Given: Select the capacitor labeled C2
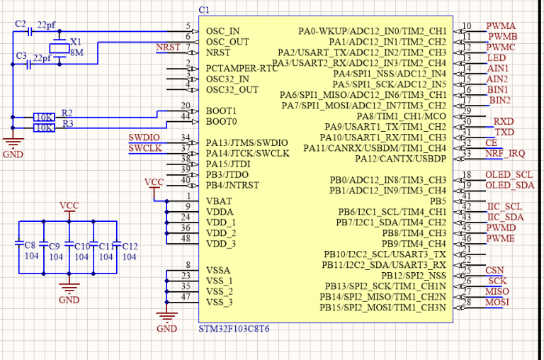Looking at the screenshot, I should pos(30,32).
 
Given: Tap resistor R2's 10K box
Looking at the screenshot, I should pos(44,116).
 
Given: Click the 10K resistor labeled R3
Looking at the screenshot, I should pos(44,128).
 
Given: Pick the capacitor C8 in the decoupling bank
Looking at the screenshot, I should pos(20,245).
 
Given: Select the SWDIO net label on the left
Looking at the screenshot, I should pos(144,137).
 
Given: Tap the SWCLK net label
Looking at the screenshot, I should pos(144,148).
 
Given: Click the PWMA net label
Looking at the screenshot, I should pos(501,26).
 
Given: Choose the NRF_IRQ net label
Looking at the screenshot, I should pos(505,153).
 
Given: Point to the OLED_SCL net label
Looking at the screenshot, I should pos(509,174).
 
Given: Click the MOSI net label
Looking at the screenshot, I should pos(497,303).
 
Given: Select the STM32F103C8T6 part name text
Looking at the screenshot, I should pos(234,330).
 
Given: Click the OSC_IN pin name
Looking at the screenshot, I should pos(222,31).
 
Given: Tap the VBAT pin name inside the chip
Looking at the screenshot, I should pos(219,201).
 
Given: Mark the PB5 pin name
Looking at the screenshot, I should pos(436,201).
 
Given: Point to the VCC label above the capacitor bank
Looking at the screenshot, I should pos(69,206).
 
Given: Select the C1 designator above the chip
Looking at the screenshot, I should pos(205,9).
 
